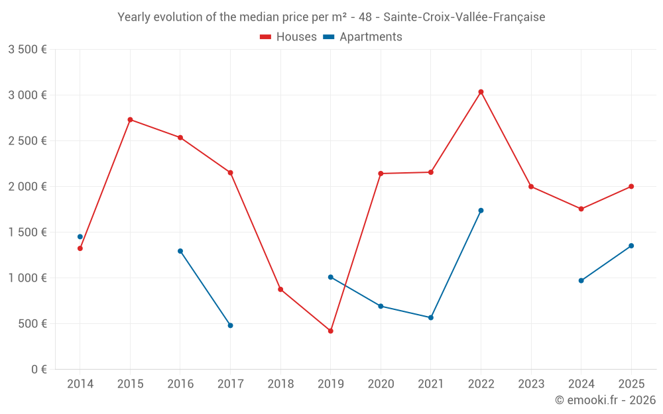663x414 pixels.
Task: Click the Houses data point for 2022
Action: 481,92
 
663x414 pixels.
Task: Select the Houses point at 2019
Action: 330,331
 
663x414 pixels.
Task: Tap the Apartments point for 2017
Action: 230,325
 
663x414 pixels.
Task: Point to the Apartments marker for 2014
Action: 80,236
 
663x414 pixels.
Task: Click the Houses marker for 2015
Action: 130,120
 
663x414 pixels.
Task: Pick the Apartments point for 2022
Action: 481,211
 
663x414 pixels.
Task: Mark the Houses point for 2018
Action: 280,289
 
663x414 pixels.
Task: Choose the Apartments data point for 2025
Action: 631,246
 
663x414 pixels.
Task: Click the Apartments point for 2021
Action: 431,317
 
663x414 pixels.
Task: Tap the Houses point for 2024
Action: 581,209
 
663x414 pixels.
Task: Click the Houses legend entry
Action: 288,37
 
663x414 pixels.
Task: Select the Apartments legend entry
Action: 363,37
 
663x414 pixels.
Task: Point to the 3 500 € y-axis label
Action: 27,50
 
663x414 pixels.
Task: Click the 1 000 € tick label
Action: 27,278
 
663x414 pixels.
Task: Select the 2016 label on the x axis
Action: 180,384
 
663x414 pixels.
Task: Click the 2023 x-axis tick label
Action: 531,384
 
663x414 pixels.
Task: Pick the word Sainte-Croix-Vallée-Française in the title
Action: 464,17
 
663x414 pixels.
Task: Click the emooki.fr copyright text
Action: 605,400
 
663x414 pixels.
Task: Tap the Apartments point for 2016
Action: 180,251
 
